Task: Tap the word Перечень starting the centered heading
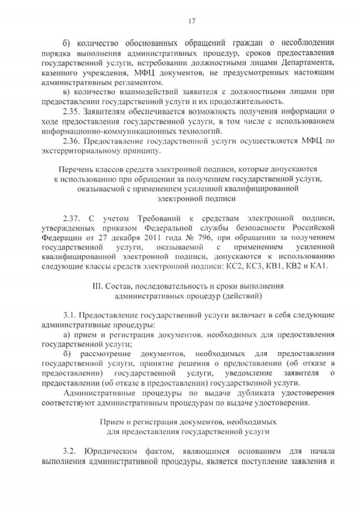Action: coord(76,168)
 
